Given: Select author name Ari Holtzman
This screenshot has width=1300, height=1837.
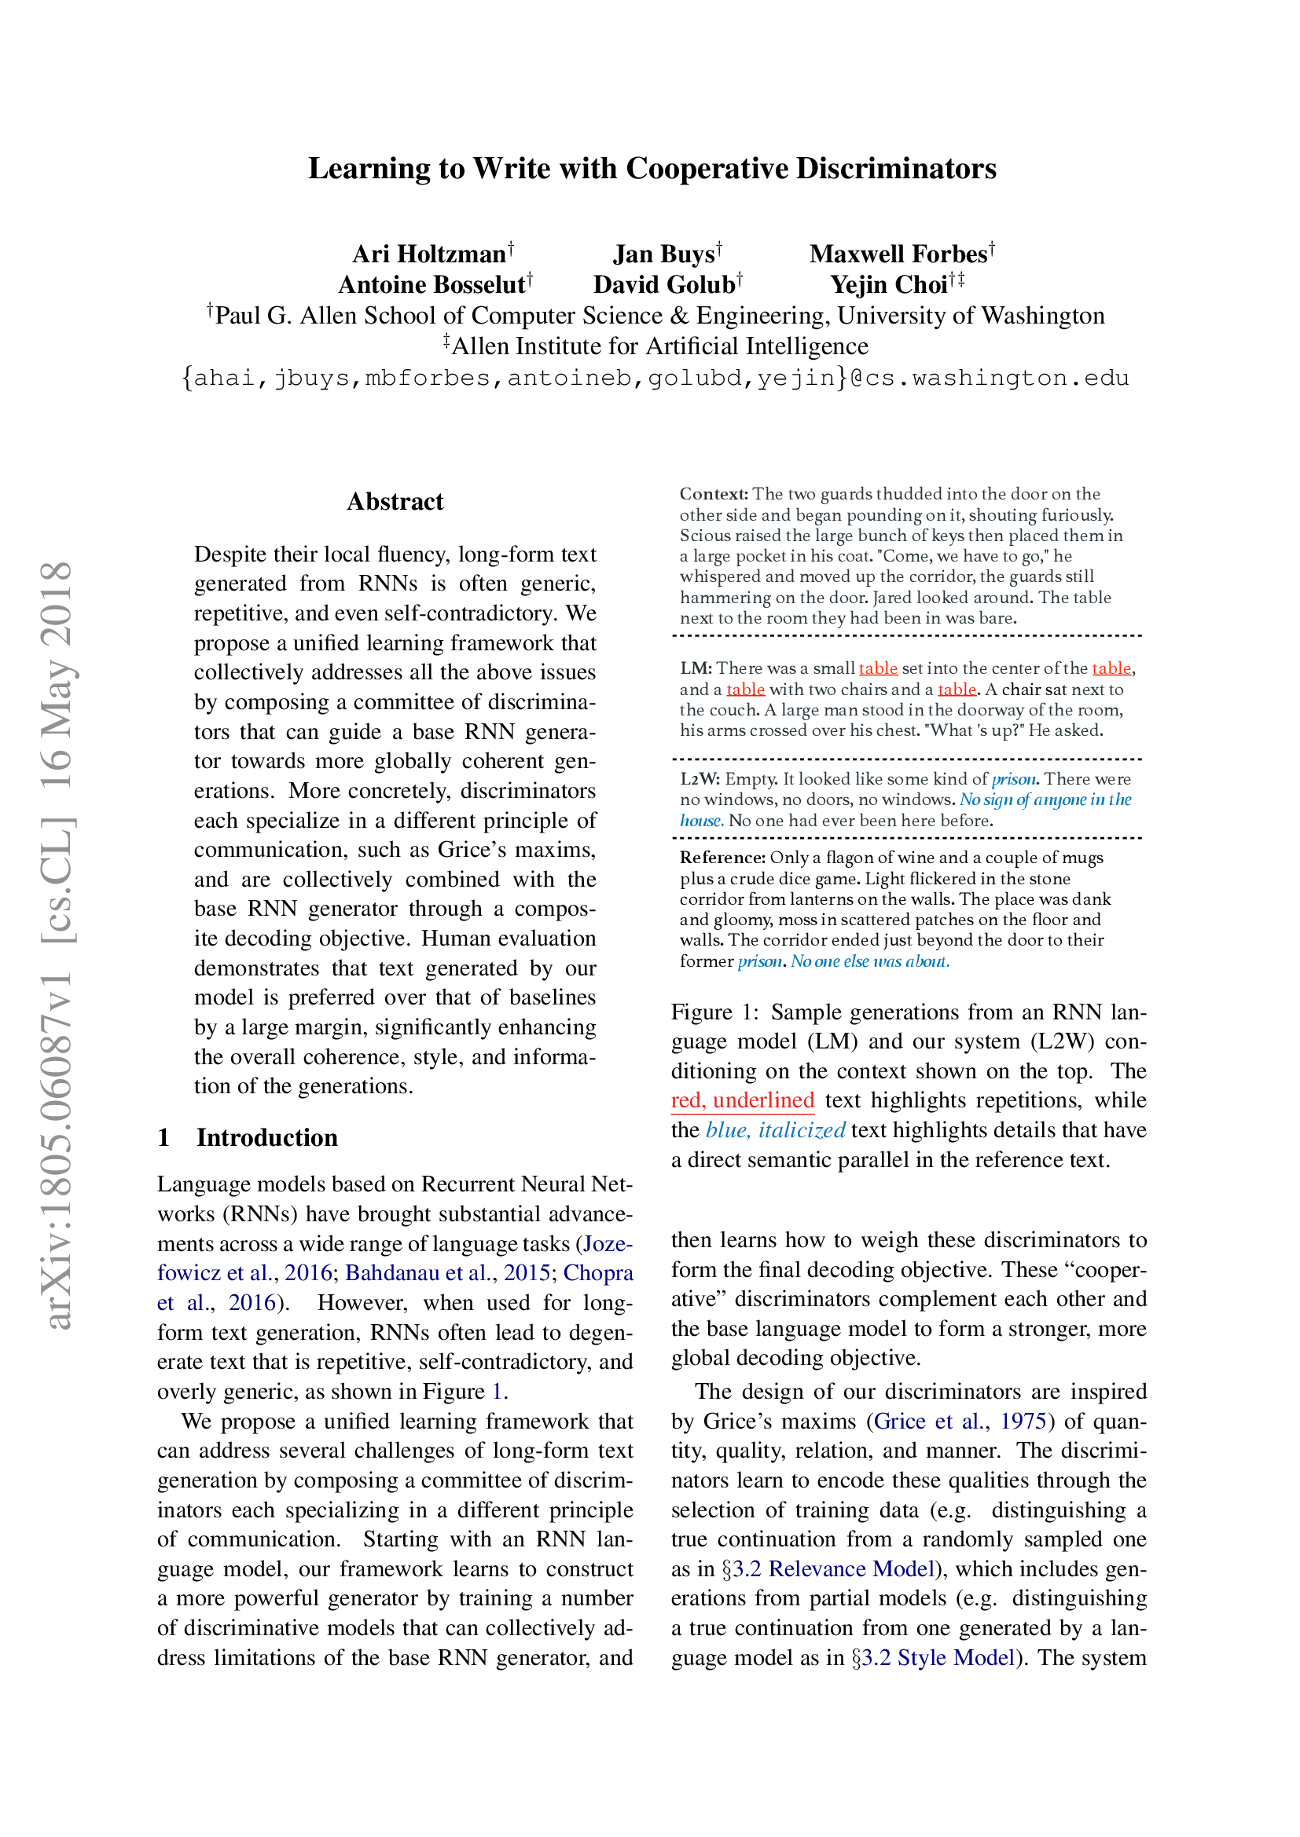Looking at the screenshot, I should tap(429, 254).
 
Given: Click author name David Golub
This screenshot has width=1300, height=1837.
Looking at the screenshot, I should tap(663, 285).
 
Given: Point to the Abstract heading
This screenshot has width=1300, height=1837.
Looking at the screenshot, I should tap(395, 502).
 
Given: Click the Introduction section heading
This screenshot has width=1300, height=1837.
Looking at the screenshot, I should tap(266, 1138).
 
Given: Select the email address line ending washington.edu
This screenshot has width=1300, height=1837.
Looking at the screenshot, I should tap(655, 378).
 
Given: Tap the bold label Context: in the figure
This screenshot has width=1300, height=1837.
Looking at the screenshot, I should tap(713, 494).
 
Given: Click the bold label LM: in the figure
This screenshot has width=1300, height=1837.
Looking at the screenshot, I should tap(696, 668).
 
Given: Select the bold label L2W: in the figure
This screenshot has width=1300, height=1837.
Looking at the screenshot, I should tap(700, 779).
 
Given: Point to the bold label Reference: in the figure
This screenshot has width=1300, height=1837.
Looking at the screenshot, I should tap(723, 858).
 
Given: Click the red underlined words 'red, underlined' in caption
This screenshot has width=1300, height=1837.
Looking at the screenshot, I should tap(742, 1101).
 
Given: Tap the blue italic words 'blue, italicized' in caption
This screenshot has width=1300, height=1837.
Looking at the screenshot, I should tap(775, 1130).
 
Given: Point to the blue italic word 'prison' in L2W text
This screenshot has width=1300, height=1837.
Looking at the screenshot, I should tap(1013, 779).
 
